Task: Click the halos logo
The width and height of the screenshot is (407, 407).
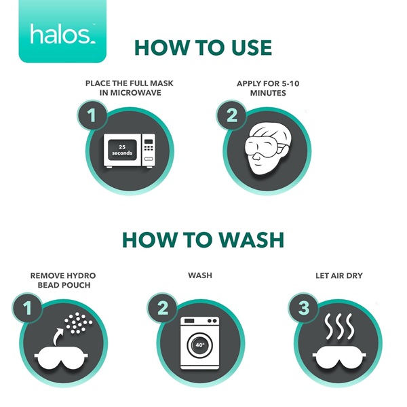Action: [x=62, y=31]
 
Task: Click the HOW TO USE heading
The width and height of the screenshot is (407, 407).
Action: [x=203, y=47]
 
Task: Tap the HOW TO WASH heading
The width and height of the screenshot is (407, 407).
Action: [x=203, y=239]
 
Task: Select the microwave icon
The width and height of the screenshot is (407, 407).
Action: [x=130, y=151]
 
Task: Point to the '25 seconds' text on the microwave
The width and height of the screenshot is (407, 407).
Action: [x=122, y=150]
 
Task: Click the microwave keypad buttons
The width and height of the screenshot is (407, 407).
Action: [x=149, y=148]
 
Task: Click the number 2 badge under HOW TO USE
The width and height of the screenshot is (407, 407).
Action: [x=232, y=115]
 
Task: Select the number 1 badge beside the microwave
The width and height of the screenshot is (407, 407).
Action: [x=92, y=115]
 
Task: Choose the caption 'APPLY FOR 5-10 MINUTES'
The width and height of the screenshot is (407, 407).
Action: [x=268, y=88]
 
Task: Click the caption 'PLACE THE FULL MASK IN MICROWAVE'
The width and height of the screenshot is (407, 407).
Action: [x=130, y=88]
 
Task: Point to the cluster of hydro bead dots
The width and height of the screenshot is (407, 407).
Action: [x=78, y=322]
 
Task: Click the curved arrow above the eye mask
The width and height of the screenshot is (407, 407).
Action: [x=58, y=336]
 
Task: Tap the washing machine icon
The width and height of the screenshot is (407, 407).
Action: [x=200, y=343]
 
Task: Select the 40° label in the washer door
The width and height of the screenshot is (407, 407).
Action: [x=200, y=345]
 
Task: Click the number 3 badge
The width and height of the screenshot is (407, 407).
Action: [x=303, y=308]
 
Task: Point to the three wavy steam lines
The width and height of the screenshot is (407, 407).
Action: [x=339, y=326]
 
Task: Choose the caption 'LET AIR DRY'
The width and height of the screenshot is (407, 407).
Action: [x=339, y=275]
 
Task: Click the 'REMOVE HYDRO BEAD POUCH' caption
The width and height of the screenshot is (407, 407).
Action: [x=63, y=280]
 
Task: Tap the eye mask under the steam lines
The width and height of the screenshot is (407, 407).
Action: [x=339, y=357]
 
